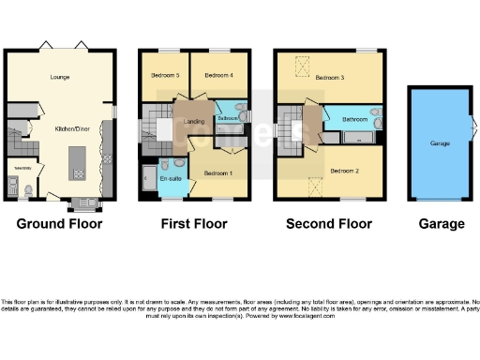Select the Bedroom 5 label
pos(164,75)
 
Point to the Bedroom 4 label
pos(217,75)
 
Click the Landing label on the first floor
pos(194,121)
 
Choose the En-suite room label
pos(171,178)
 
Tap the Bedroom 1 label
pos(217,173)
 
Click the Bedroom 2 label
pos(345,170)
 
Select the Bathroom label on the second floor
pos(354,120)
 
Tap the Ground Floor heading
pos(61,224)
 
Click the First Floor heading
pos(194,224)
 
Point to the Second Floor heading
pos(330,224)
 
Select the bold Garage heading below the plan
pos(441,224)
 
